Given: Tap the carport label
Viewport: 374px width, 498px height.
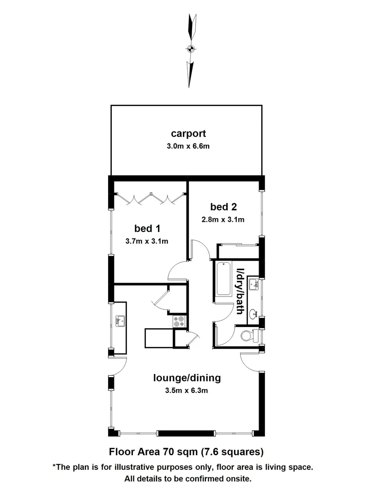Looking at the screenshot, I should tap(188, 134).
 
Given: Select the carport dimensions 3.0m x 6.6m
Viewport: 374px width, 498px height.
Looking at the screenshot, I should tap(188, 146).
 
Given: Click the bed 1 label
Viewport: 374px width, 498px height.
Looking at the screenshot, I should tap(147, 228).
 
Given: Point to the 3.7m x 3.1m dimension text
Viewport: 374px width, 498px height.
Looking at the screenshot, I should tap(147, 241).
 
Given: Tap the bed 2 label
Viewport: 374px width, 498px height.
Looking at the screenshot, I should tap(223, 206).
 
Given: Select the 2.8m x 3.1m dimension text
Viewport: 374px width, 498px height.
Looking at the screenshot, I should tap(223, 219).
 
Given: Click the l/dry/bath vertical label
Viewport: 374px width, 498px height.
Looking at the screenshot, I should tap(240, 292).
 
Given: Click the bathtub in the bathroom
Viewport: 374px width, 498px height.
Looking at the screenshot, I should tap(224, 279).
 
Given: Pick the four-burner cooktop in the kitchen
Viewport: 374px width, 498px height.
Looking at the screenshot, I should tap(179, 321).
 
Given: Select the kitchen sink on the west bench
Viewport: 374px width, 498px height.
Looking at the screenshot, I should tap(120, 320).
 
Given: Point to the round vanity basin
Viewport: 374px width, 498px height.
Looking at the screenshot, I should tap(253, 315).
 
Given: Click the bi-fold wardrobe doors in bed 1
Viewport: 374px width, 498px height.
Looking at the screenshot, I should tap(150, 198).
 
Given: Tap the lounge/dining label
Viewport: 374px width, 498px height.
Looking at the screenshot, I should tap(187, 378).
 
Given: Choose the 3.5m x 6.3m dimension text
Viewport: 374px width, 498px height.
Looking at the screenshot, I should tap(187, 391).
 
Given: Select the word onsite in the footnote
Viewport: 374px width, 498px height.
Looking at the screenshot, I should tap(236, 479).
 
